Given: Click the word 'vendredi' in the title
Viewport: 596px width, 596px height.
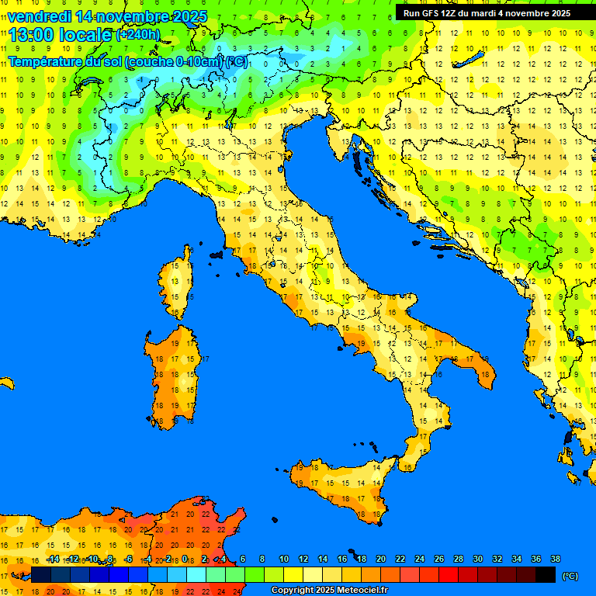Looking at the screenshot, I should (40, 16).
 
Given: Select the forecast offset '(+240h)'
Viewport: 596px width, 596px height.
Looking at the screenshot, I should (138, 34).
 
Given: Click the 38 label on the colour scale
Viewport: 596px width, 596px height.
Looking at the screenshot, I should (555, 559).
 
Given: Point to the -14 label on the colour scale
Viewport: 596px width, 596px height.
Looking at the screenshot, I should (53, 559).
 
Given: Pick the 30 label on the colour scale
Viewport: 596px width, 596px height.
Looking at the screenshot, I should (478, 559).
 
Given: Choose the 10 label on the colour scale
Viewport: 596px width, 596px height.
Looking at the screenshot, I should (284, 559).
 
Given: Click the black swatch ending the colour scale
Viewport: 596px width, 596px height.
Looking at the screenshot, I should (546, 574).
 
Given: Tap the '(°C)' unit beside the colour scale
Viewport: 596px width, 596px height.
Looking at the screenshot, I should (570, 576).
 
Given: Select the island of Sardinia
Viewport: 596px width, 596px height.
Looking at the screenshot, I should (173, 376).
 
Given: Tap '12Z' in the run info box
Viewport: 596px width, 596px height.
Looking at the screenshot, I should (454, 12).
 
